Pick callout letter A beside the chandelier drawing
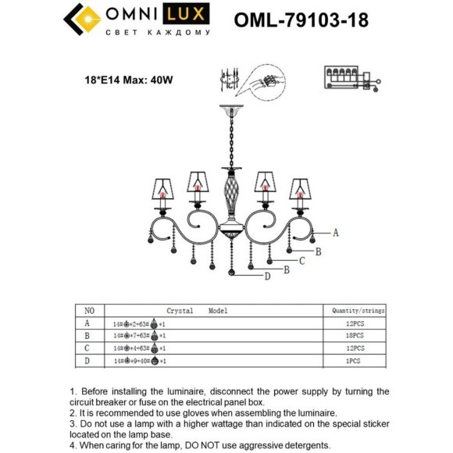pos(335,233)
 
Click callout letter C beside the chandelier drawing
pos(301,261)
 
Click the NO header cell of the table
pos(89,310)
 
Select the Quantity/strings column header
pos(355,310)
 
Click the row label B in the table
pos(88,334)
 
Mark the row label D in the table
pos(88,360)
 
